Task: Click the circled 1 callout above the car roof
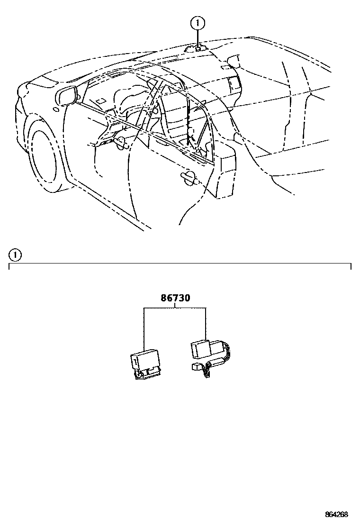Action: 198,22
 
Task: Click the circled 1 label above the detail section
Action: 16,255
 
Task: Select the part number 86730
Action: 175,299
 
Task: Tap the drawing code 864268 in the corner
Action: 336,515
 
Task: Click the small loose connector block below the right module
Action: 196,367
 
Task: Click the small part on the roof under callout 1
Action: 197,48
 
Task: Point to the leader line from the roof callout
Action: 198,36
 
